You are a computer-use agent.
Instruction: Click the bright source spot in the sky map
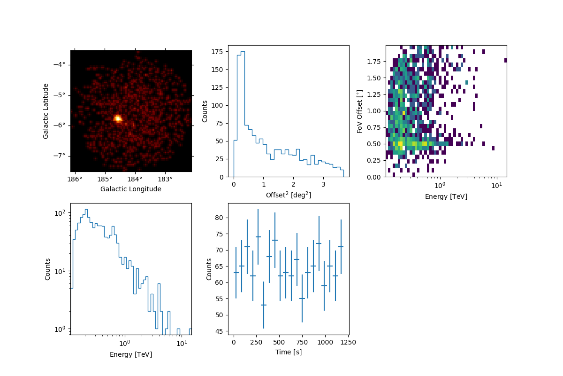117,118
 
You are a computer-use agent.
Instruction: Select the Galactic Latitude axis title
46,111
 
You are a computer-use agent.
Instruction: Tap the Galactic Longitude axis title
131,189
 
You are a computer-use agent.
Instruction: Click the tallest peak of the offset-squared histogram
243,52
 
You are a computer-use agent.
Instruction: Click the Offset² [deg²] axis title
288,195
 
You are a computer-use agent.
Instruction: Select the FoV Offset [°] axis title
360,111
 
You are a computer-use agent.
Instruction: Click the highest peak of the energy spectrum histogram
86,210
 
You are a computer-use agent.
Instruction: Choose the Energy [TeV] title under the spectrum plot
131,354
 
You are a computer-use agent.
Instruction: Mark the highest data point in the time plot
258,237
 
